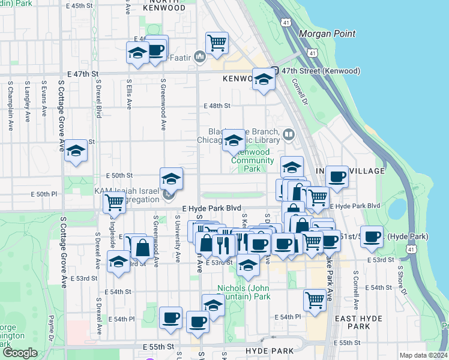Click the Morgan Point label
327,34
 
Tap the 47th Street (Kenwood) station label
321,71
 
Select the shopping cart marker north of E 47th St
217,43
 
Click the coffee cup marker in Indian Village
337,176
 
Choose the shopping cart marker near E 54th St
315,299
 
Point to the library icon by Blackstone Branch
289,134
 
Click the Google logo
20,353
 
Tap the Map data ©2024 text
423,355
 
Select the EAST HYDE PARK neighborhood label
352,323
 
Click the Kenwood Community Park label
252,160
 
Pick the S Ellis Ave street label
128,96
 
